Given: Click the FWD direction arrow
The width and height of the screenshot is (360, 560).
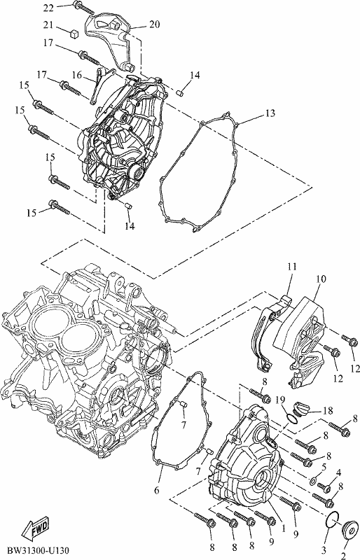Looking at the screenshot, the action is [x=36, y=528].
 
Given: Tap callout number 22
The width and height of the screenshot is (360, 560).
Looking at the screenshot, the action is [x=48, y=8].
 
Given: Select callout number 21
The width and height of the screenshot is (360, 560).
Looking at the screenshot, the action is [x=48, y=25].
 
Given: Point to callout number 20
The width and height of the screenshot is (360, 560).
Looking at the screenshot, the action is [x=155, y=24].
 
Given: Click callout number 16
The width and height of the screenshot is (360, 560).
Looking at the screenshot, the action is [x=77, y=75].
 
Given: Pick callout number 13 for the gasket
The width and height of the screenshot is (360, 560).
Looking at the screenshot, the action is [x=270, y=113].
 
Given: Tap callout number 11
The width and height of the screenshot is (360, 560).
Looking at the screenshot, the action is [x=293, y=267].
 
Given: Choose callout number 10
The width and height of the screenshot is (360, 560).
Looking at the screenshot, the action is [x=321, y=279].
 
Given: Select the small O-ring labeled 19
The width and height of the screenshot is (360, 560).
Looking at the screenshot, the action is [x=292, y=418].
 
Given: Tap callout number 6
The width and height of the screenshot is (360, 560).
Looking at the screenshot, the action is [x=157, y=491].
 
